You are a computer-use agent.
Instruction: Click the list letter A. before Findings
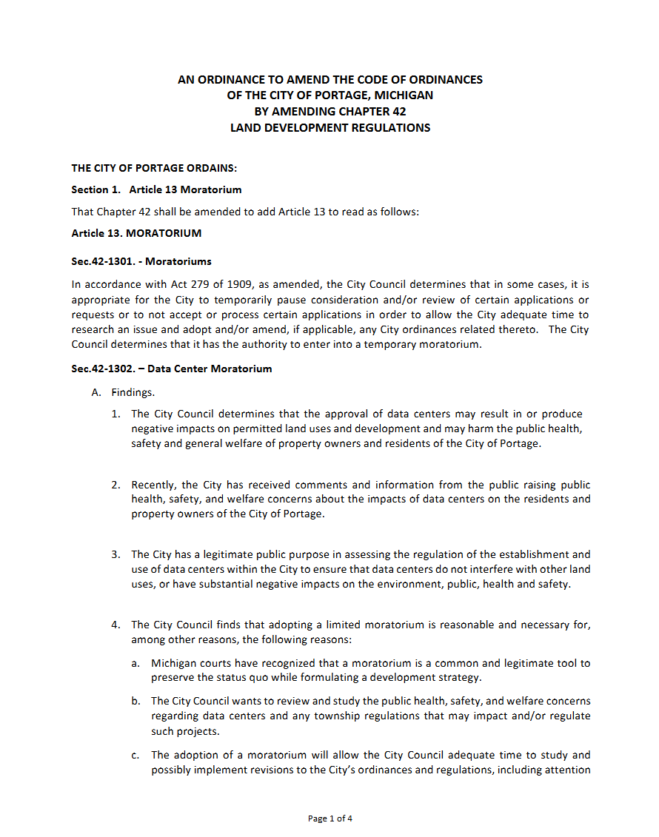pyautogui.click(x=96, y=392)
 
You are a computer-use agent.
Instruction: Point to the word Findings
pyautogui.click(x=133, y=392)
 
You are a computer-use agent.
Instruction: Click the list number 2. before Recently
pyautogui.click(x=116, y=485)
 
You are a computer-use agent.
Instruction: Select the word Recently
pyautogui.click(x=155, y=485)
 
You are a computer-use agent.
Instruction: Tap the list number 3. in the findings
pyautogui.click(x=116, y=554)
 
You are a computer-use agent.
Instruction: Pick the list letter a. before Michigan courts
pyautogui.click(x=136, y=664)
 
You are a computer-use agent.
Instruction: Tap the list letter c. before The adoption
pyautogui.click(x=136, y=756)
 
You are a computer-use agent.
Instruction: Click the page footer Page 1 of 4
pyautogui.click(x=329, y=818)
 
